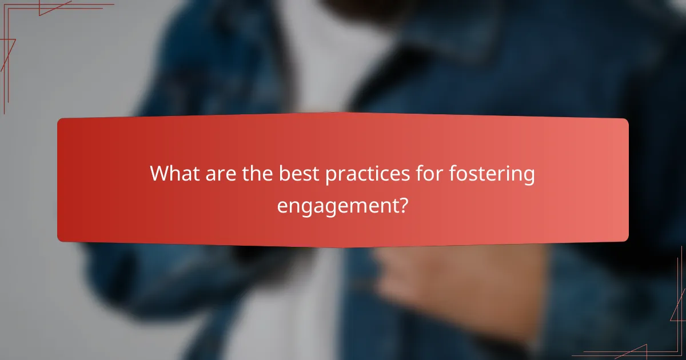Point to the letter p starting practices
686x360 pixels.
pyautogui.click(x=330, y=175)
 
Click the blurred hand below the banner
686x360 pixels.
pyautogui.click(x=434, y=280)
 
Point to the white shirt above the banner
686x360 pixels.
pyautogui.click(x=320, y=69)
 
